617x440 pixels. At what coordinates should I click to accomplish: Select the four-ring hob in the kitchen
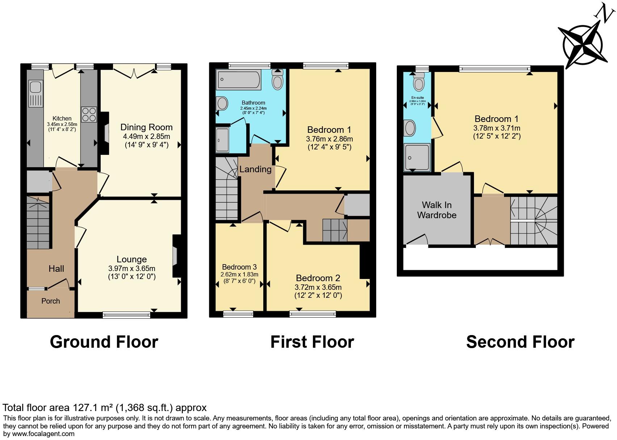point(89,114)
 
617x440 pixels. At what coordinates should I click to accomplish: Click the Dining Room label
point(146,127)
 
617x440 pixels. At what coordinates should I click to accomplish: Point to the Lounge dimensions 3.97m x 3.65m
point(131,268)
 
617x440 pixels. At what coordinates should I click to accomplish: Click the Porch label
point(50,301)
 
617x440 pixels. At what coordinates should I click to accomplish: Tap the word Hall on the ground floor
point(56,268)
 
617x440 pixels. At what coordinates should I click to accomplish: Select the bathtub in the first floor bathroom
point(238,80)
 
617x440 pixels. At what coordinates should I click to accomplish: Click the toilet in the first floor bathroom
point(278,80)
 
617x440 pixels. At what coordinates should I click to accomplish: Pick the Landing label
point(255,169)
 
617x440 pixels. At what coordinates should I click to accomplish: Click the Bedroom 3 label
point(239,267)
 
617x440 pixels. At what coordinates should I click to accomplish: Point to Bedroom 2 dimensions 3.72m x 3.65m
point(318,287)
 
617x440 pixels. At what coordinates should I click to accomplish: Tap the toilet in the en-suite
point(419,82)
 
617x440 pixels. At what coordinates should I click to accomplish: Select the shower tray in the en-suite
point(417,157)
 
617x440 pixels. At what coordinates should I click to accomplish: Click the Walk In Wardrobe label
point(437,210)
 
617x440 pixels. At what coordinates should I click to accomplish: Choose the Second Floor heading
point(520,342)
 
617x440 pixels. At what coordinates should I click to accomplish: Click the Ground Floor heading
point(104,342)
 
